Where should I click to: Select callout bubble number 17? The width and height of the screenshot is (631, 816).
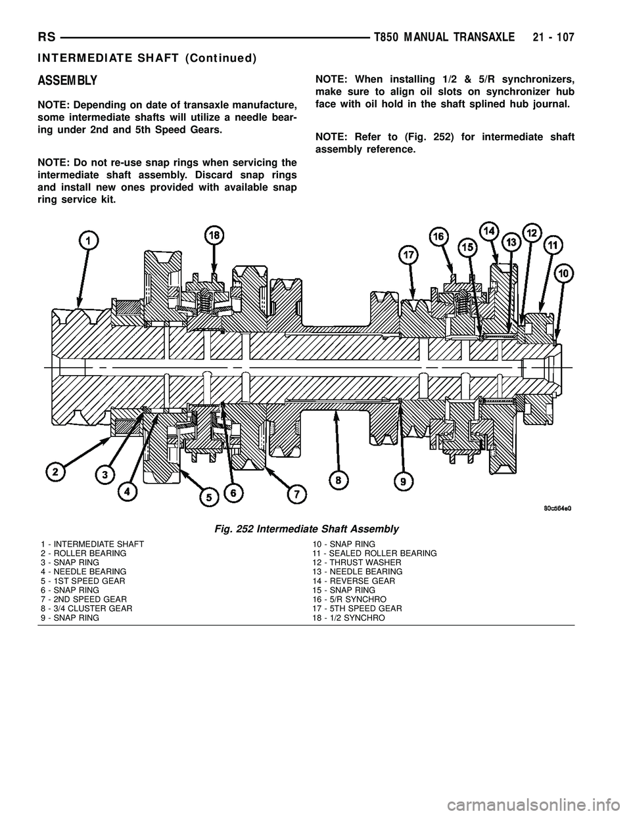coord(408,255)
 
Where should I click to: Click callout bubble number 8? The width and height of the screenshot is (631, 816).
coord(339,482)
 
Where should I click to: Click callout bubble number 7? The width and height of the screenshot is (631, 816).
coord(296,493)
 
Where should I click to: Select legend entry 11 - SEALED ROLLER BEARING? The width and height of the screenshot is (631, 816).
coord(374,554)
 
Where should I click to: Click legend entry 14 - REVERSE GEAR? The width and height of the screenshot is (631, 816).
coord(354,581)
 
